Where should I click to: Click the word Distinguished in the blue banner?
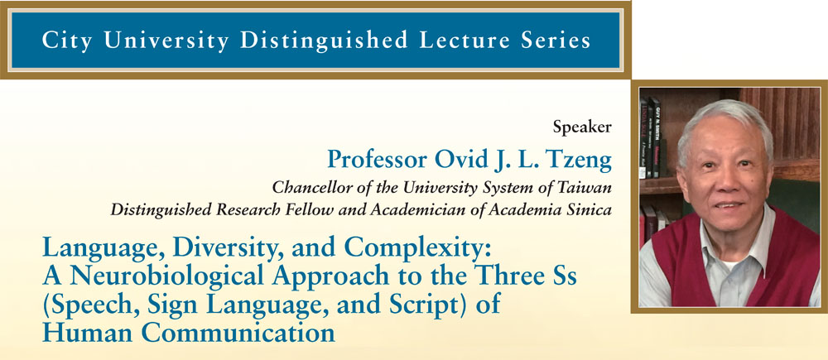[325, 41]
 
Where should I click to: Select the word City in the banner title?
[68, 41]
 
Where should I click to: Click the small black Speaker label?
[582, 127]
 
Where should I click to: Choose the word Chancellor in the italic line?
[304, 187]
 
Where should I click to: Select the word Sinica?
[593, 210]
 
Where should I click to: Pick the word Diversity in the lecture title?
[222, 248]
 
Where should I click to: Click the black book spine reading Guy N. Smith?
[655, 137]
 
